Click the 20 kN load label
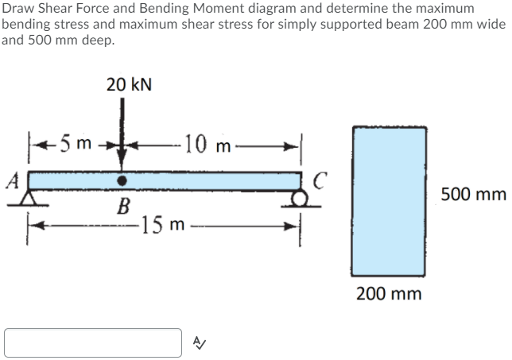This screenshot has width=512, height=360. click(x=130, y=83)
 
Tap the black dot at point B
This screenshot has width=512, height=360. click(x=122, y=180)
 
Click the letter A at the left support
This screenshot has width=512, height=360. click(x=12, y=179)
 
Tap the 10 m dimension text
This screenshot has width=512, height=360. click(x=204, y=145)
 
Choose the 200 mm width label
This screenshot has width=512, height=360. click(x=389, y=294)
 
